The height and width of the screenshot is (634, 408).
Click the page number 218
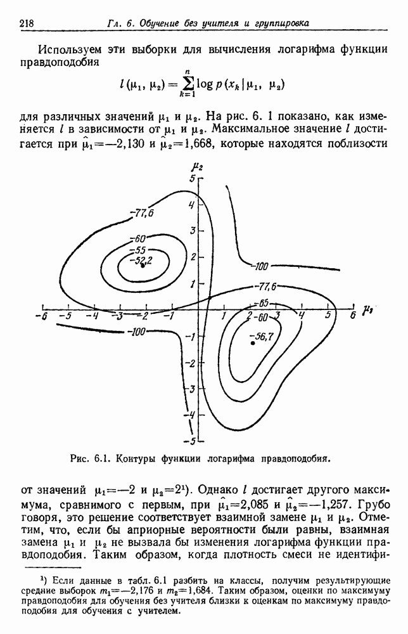27,23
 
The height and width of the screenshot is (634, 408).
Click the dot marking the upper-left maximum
143,266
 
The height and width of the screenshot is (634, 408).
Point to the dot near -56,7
253,343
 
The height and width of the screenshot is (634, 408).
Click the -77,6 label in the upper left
142,214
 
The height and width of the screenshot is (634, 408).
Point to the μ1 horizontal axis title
367,310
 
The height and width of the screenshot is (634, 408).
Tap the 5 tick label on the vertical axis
193,178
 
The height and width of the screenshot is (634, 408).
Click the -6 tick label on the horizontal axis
42,316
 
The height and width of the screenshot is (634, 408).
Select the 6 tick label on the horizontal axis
352,316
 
